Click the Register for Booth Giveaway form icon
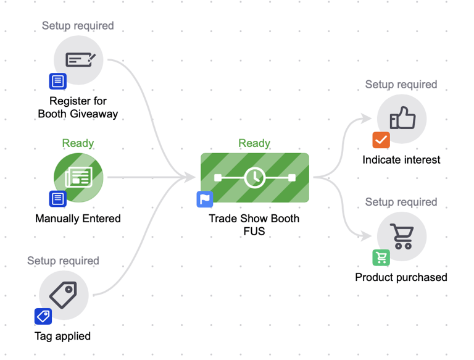pos(78,60)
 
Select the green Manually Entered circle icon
pos(78,178)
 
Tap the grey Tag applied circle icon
pos(64,295)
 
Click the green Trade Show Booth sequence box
pos(254,178)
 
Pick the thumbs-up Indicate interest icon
pos(402,119)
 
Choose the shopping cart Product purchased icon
pos(402,237)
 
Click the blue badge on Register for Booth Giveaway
pos(58,81)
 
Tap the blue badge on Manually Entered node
pos(58,199)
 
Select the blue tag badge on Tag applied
pos(43,316)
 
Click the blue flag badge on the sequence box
pos(205,199)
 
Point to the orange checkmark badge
pos(381,140)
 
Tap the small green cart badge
pos(381,257)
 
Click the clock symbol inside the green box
pos(254,178)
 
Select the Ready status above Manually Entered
pos(78,143)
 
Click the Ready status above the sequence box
pos(254,143)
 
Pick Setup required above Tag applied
pos(63,261)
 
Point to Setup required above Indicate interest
pos(401,85)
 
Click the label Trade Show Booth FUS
pos(254,225)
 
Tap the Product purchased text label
pos(401,277)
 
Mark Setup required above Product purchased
pos(401,202)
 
